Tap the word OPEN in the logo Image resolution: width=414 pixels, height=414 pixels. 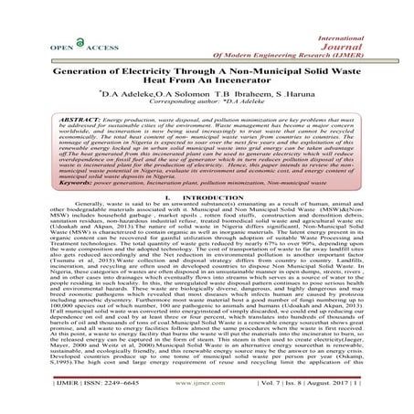click(x=44, y=45)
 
